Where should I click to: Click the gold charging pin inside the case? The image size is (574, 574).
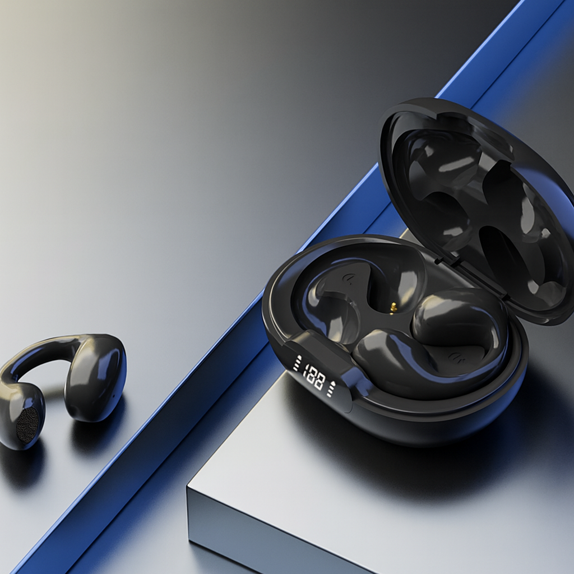coord(393,308)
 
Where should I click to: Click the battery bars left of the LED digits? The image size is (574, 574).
coord(297,363)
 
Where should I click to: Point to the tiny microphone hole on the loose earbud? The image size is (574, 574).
coord(113,395)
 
